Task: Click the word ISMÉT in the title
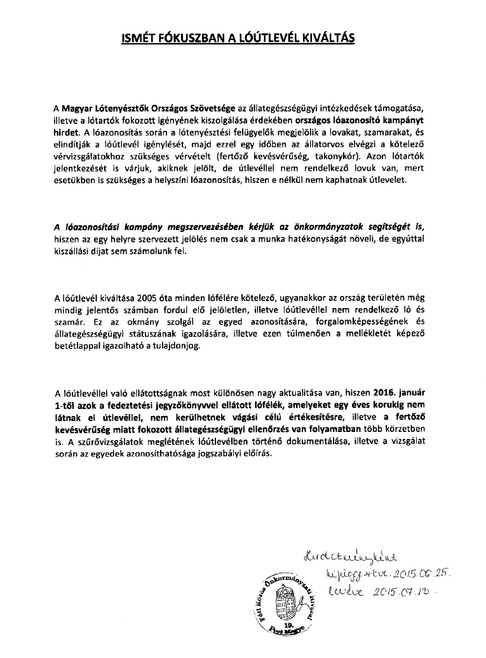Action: tap(137, 38)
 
